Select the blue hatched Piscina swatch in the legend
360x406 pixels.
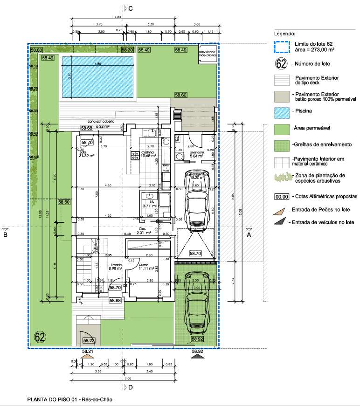coord(281,111)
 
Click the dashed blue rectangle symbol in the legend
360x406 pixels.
coord(281,47)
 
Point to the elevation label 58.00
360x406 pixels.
coord(36,49)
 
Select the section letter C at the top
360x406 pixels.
coord(131,8)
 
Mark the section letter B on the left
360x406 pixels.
coord(5,235)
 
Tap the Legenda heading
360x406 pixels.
coord(284,34)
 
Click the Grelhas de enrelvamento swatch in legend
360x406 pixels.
coord(281,145)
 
